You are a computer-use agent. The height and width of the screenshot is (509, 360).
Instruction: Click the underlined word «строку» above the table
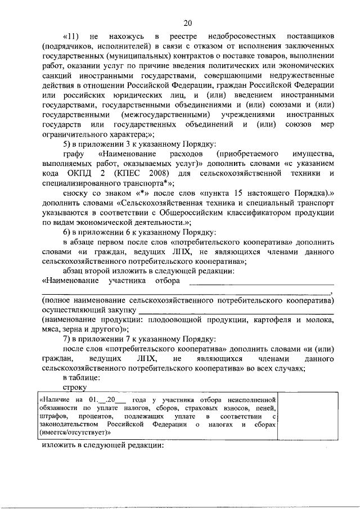75,387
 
